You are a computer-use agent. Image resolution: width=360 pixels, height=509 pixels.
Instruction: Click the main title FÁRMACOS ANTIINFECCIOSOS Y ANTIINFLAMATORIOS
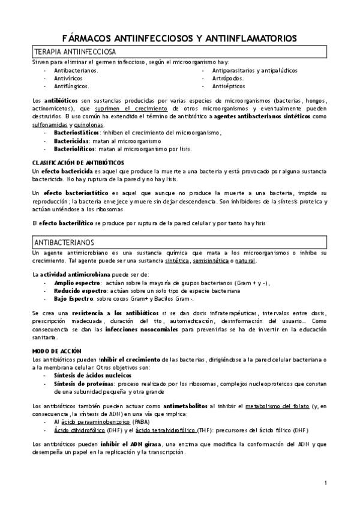click(x=179, y=38)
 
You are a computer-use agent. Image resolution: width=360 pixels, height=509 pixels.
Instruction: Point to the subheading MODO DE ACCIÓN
click(x=61, y=350)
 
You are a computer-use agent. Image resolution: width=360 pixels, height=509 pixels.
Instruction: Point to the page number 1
click(x=325, y=482)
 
